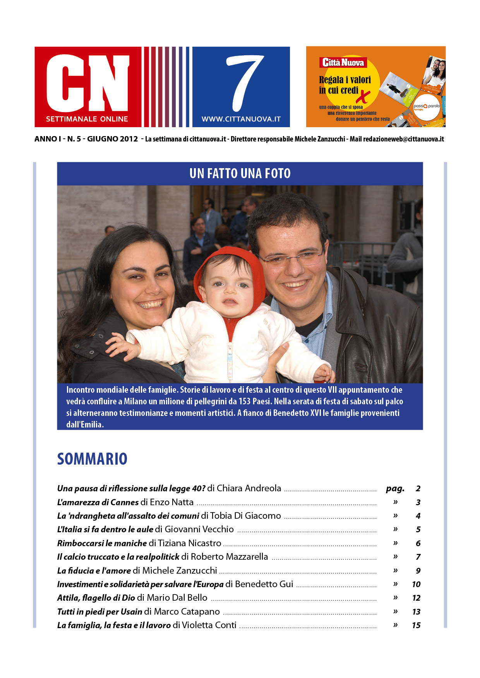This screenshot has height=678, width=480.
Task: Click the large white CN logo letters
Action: (x=87, y=83)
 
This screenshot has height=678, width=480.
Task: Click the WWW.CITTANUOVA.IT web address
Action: (x=241, y=119)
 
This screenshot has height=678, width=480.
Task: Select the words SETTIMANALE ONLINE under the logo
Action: (x=87, y=119)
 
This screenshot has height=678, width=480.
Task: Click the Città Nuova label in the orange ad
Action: (x=343, y=63)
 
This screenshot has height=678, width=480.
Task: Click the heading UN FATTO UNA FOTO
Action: (x=240, y=174)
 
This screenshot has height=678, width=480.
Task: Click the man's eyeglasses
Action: (x=290, y=258)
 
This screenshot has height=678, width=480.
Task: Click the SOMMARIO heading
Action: (x=92, y=459)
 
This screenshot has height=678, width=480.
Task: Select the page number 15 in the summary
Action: (x=416, y=625)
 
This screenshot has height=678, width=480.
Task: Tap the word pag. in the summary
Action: (x=395, y=489)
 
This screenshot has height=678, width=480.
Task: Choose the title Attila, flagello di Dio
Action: (x=96, y=598)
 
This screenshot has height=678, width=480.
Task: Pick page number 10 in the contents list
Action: (x=416, y=584)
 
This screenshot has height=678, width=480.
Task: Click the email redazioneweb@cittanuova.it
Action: (x=403, y=139)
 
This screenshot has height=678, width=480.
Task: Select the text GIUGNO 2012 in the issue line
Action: (x=112, y=139)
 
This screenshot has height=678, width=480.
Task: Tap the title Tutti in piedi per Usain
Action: (x=99, y=612)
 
